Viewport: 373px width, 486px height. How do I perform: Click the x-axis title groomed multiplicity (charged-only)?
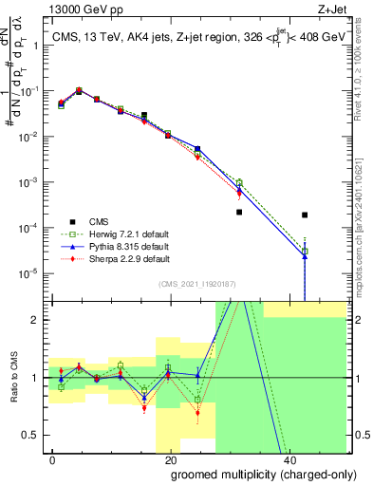(250, 473)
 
